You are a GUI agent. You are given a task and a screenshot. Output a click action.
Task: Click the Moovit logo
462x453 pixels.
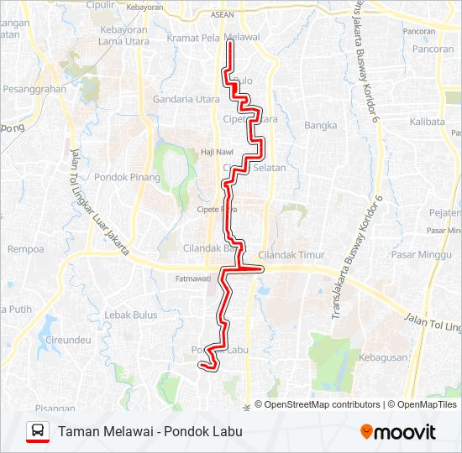pos(398,432)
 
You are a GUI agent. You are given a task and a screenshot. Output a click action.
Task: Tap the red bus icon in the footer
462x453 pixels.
pos(38,432)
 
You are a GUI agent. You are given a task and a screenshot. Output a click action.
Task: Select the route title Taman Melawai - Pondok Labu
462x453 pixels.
pos(150,432)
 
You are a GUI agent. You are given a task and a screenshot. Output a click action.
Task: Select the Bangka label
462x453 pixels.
pos(321,126)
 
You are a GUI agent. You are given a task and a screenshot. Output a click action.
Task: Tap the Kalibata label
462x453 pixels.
pos(428,122)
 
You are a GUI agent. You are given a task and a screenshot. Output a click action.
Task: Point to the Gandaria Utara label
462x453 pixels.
pos(186,99)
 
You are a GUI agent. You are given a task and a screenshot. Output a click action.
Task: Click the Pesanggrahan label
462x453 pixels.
pos(34,88)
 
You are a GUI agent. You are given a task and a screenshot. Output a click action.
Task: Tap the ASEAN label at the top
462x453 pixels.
pos(223,14)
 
